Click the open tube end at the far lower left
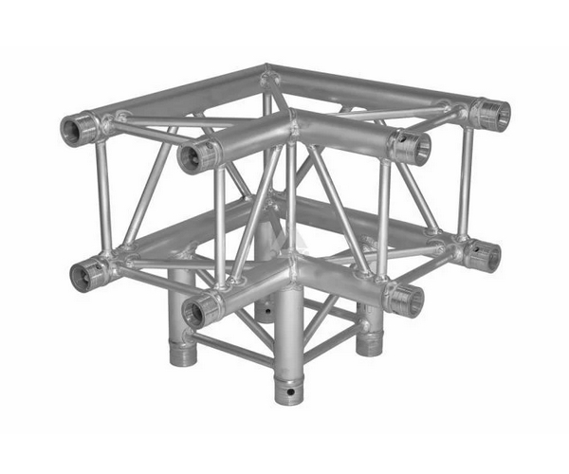(x=88, y=275)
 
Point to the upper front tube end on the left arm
(x=194, y=155)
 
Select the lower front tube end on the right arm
(x=406, y=301)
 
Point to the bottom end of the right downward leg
(x=368, y=344)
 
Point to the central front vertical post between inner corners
(x=290, y=204)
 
